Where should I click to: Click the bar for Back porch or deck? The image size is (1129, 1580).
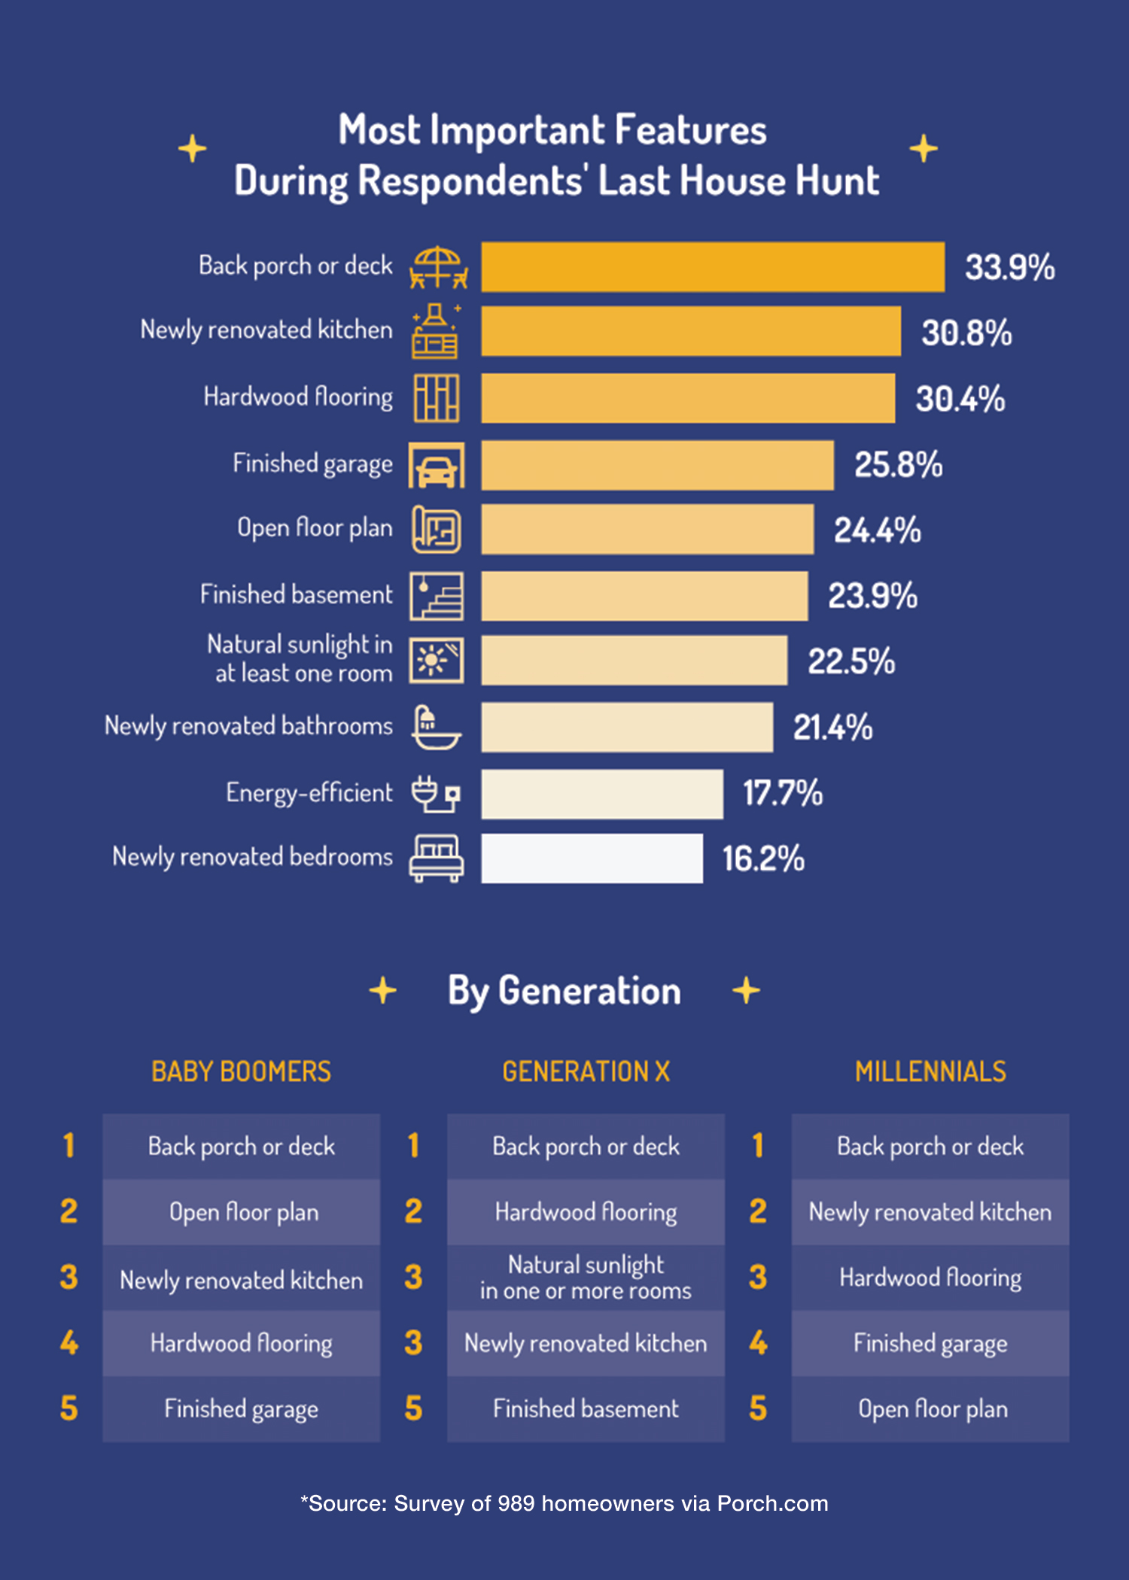(713, 267)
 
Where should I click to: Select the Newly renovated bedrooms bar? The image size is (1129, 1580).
(592, 858)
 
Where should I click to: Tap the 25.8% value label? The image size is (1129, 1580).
(898, 465)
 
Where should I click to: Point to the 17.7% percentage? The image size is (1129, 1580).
(783, 794)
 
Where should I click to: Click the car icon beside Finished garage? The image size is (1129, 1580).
(437, 466)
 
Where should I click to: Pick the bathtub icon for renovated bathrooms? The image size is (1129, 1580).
(436, 728)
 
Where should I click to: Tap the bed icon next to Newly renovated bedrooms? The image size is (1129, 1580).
(436, 858)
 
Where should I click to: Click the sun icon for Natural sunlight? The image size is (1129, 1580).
(436, 661)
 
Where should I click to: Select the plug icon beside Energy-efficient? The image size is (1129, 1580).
(436, 794)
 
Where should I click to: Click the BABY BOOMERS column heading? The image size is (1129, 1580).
(241, 1071)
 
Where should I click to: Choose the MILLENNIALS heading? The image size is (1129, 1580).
(930, 1071)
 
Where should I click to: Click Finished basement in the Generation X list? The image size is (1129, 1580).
(586, 1409)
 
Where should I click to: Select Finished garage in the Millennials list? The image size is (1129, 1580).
(930, 1344)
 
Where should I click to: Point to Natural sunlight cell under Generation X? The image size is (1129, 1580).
(586, 1278)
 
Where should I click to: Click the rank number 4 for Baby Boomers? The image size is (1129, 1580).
(68, 1343)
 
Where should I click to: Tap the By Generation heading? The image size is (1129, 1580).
(564, 991)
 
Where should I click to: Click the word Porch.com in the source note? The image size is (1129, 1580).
(772, 1504)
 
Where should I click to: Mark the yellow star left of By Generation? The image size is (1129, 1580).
(383, 991)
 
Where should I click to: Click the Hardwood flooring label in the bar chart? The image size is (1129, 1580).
(298, 397)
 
